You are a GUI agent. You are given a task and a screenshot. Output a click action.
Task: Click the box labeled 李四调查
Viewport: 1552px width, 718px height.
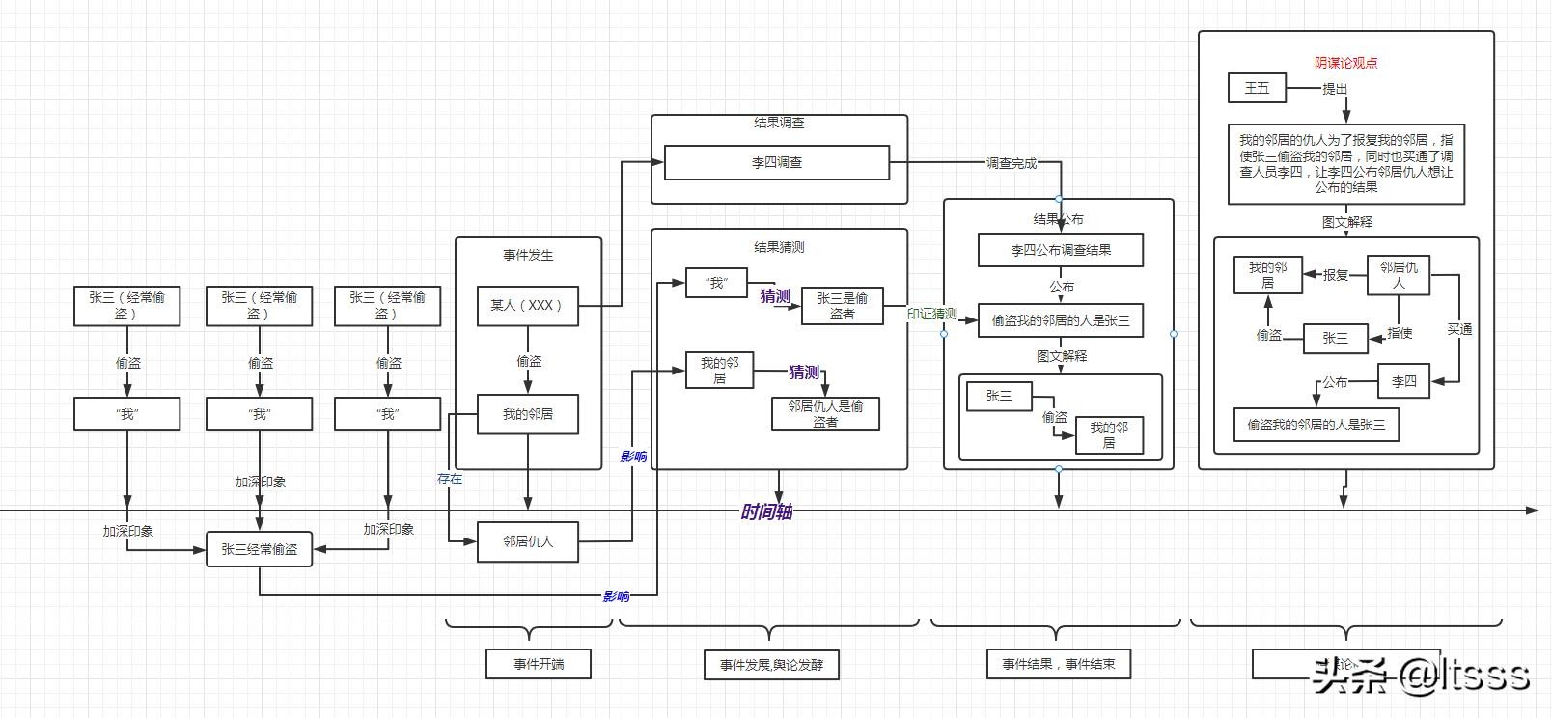(x=777, y=162)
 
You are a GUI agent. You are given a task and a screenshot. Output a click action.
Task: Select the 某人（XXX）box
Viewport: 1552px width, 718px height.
(x=527, y=305)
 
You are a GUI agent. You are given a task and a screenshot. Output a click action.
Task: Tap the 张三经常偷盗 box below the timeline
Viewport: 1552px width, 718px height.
(x=259, y=549)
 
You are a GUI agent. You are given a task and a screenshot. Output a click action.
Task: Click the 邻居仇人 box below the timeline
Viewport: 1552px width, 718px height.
(x=527, y=541)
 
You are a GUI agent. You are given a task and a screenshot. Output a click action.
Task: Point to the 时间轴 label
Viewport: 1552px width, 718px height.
(x=766, y=511)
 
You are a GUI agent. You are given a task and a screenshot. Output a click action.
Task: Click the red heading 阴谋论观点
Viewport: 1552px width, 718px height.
(x=1345, y=63)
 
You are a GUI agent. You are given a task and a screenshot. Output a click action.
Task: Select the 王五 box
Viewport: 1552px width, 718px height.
(x=1257, y=88)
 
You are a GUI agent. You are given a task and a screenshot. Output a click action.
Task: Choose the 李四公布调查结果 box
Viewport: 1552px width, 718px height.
(x=1060, y=250)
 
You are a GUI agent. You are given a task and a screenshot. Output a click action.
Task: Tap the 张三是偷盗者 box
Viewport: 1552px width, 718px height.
(x=842, y=306)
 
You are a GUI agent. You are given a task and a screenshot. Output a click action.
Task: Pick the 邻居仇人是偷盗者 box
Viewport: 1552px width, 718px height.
(x=825, y=414)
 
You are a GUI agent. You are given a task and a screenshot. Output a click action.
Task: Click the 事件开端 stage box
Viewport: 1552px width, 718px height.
(x=538, y=664)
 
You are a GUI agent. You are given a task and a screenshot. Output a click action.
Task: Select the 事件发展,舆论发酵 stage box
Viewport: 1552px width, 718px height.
(x=771, y=665)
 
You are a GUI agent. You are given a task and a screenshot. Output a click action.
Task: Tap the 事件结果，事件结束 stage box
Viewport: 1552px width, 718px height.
(x=1058, y=664)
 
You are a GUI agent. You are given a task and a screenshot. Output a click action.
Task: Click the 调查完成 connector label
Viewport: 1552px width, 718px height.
(x=1011, y=163)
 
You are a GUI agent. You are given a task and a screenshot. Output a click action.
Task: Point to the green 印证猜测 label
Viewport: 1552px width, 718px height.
(x=931, y=314)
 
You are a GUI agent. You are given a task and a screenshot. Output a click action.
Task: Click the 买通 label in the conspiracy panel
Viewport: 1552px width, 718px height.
(x=1459, y=329)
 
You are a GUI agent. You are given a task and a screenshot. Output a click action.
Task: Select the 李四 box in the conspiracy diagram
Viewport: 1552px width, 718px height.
(x=1403, y=381)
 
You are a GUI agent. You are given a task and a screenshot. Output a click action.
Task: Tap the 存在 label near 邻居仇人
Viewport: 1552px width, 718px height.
(x=450, y=479)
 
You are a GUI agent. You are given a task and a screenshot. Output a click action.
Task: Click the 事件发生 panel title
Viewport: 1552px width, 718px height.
(x=528, y=255)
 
